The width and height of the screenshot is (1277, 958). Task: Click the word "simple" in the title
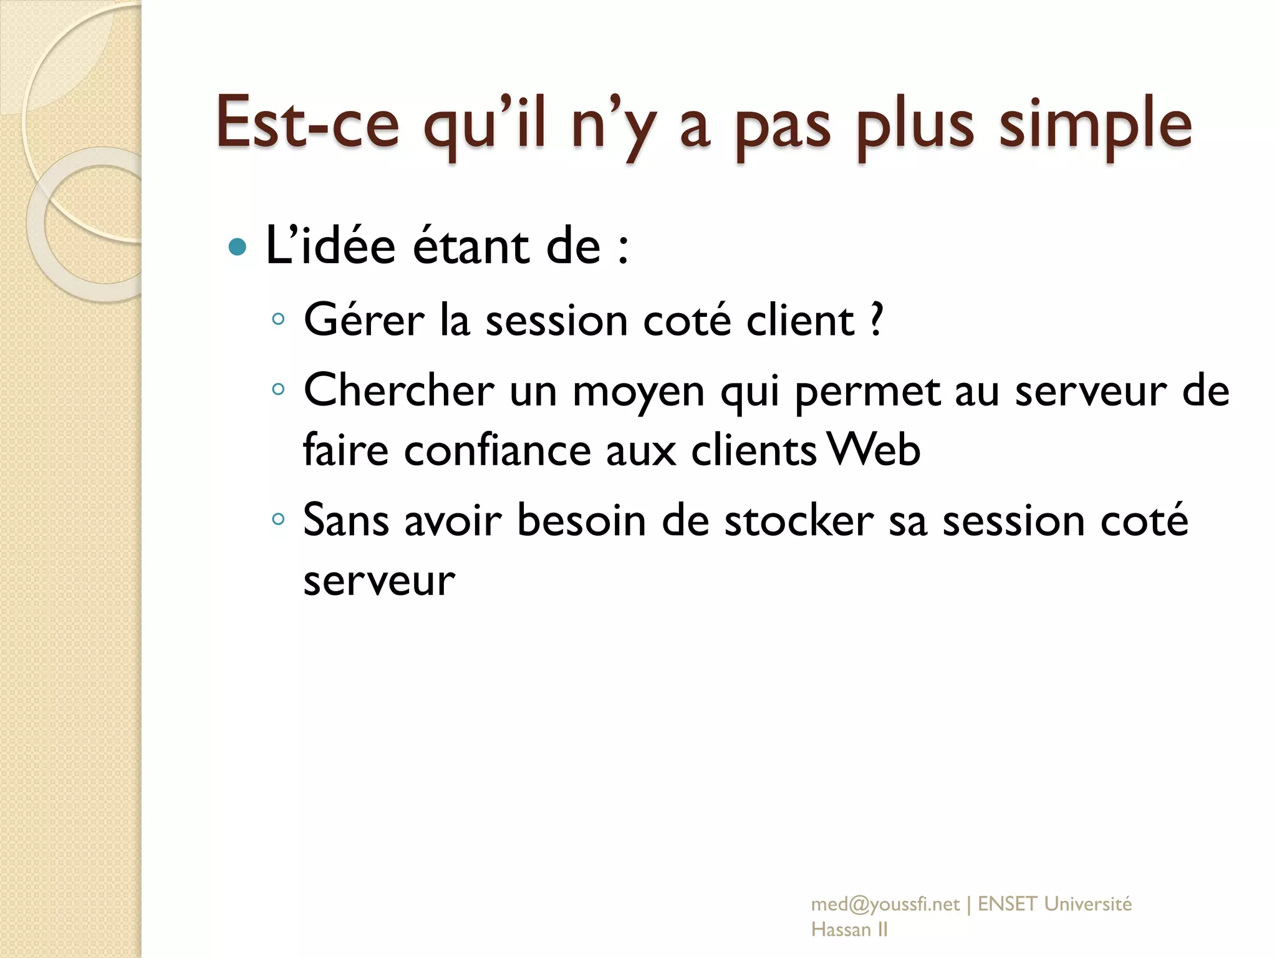point(1096,125)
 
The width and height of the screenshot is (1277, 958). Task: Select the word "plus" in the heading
point(914,125)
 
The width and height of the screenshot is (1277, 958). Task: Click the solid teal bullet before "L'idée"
point(238,248)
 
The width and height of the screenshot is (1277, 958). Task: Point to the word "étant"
point(471,246)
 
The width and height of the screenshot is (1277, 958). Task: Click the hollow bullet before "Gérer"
point(278,320)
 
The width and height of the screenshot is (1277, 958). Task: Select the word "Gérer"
point(364,320)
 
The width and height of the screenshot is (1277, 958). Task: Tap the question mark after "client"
point(877,320)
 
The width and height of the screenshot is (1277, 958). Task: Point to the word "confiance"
point(497,450)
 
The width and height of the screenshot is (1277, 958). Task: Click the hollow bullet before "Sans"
point(278,519)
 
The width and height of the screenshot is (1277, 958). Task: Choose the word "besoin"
point(581,520)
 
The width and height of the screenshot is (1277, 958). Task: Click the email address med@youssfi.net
point(885,904)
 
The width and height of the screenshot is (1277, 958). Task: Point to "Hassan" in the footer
point(841,930)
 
